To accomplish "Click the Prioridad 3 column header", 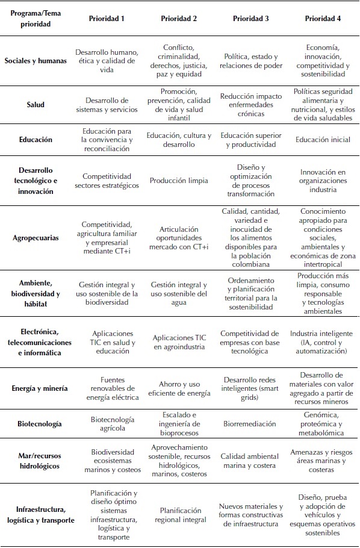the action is (250, 18).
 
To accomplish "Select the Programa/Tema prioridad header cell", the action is (36, 19).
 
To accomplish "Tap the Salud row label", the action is (36, 105).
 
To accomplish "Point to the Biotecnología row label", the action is (36, 424).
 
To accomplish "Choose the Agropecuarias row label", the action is (36, 238).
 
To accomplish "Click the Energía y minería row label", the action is (36, 388).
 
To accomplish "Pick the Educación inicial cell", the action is (323, 140).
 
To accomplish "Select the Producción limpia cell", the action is (179, 180).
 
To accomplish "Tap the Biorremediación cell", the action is (250, 424).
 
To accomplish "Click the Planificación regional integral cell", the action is (179, 515).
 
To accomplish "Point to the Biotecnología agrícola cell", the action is (107, 424).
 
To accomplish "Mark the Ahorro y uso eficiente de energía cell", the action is (179, 388).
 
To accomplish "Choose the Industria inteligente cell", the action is (323, 342).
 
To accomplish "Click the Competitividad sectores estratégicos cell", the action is (107, 180).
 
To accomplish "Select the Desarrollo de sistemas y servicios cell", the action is (107, 105).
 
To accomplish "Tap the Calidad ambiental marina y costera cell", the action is (250, 461).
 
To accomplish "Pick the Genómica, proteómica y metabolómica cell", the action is (323, 424).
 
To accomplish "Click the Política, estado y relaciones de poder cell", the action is (250, 61).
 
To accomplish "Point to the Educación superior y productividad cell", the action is (250, 140).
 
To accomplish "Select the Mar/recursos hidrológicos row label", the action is (36, 461).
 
